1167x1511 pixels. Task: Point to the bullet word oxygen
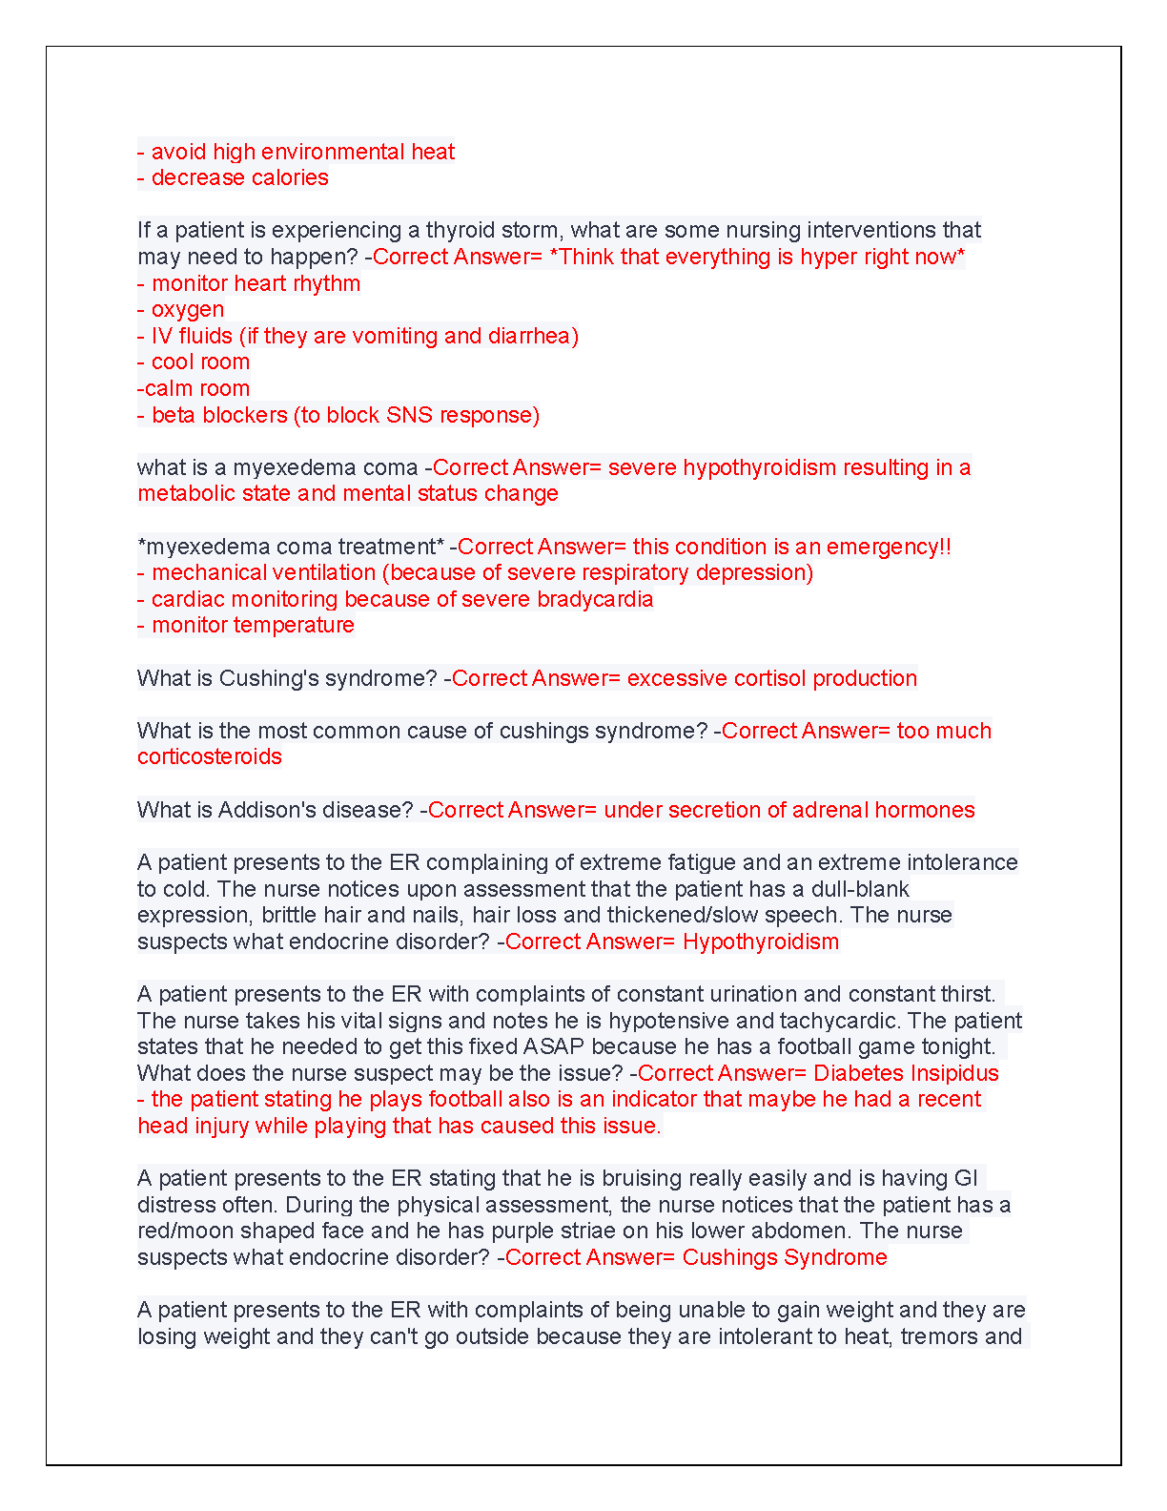tap(188, 309)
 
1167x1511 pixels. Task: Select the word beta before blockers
tap(174, 415)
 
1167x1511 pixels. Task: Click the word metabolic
tap(179, 493)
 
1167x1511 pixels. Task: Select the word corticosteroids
tap(210, 756)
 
